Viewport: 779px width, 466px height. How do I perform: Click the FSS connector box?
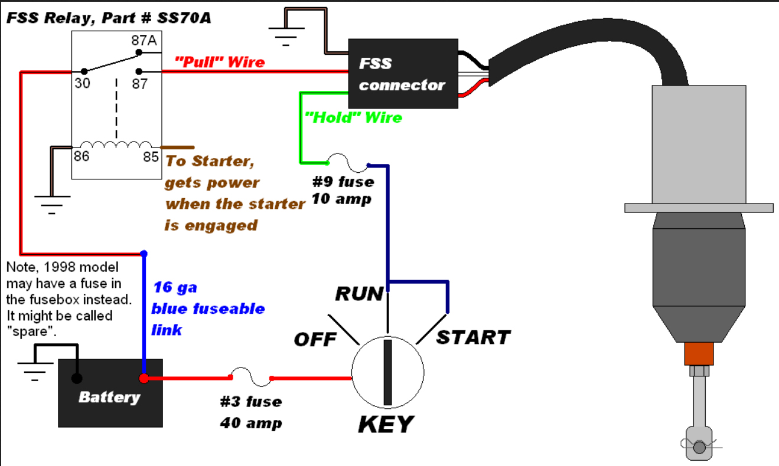coord(403,74)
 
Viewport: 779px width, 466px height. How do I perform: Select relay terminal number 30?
coord(82,83)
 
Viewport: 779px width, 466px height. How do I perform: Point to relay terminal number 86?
coord(82,157)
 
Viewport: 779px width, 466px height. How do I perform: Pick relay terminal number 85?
coord(151,157)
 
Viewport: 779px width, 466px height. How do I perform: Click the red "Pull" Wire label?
coord(220,61)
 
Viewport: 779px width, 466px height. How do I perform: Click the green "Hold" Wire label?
coord(353,117)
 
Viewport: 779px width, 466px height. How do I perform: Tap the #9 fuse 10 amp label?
coord(342,190)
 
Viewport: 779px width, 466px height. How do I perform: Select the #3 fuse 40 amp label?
coord(251,412)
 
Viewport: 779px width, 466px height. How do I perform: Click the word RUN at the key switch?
coord(359,293)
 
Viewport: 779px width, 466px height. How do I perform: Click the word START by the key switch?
coord(473,337)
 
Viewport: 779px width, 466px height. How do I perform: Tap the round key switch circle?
coord(388,372)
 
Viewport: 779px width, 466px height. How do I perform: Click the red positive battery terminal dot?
coord(144,379)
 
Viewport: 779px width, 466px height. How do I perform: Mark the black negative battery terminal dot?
coord(76,379)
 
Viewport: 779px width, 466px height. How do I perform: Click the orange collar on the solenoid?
coord(699,354)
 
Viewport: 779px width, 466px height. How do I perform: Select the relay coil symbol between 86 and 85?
coord(116,145)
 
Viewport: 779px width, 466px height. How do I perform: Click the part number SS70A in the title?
coord(185,18)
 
